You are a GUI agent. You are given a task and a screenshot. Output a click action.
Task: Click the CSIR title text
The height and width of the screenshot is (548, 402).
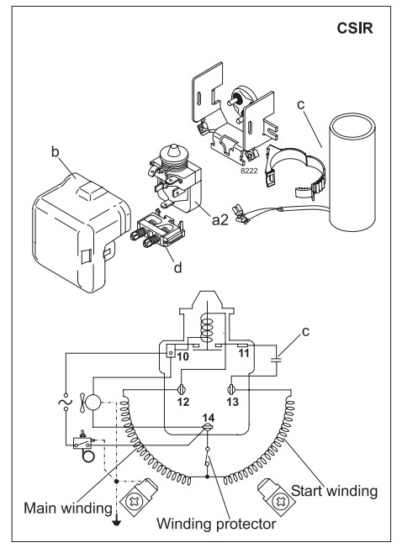tap(355, 28)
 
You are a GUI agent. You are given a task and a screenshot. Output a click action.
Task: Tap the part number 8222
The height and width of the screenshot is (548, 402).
tap(249, 171)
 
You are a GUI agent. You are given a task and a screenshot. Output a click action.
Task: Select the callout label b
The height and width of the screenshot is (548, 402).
tap(56, 151)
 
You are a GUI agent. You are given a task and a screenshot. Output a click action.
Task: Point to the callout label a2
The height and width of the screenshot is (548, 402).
tap(220, 219)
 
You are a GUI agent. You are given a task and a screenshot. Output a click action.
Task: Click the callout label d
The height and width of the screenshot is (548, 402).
tap(178, 267)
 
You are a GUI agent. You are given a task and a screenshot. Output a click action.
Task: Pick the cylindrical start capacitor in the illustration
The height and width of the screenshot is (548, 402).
tap(352, 173)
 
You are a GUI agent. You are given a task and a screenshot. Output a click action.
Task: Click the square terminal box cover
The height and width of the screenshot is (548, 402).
tap(81, 233)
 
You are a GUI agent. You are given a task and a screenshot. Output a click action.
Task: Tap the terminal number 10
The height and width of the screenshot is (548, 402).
tap(182, 357)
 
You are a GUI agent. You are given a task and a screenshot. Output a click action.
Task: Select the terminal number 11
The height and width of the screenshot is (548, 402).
tap(243, 353)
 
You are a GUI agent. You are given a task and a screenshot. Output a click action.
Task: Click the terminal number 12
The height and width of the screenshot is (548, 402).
tap(182, 402)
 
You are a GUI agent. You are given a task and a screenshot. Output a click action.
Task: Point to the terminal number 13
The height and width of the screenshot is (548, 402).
tap(232, 402)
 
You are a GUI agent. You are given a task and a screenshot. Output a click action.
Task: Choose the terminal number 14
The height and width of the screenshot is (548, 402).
tap(209, 418)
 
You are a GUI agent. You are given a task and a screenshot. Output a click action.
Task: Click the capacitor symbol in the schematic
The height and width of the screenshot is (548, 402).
tap(278, 360)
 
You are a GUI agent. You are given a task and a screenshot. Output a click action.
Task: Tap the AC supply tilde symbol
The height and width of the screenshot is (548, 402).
tap(66, 401)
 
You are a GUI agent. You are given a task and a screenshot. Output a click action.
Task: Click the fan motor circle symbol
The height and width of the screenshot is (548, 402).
tap(93, 403)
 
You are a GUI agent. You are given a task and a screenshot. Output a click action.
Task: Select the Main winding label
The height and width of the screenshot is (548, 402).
tap(68, 508)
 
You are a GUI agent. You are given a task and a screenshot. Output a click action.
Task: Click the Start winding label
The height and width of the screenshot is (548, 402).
tap(334, 491)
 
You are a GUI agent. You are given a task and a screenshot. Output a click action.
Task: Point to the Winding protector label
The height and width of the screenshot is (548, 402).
tap(216, 524)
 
